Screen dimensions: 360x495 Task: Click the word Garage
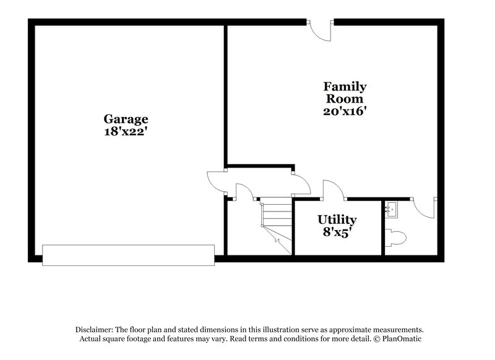[126, 119]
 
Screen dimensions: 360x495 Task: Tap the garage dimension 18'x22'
[126, 131]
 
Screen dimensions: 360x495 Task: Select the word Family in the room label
[344, 87]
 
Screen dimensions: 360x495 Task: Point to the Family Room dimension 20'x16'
[344, 111]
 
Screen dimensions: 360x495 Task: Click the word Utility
[337, 220]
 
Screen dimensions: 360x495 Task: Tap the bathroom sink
[392, 209]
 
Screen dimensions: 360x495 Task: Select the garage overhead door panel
[129, 255]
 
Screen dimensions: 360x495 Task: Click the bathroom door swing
[427, 207]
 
